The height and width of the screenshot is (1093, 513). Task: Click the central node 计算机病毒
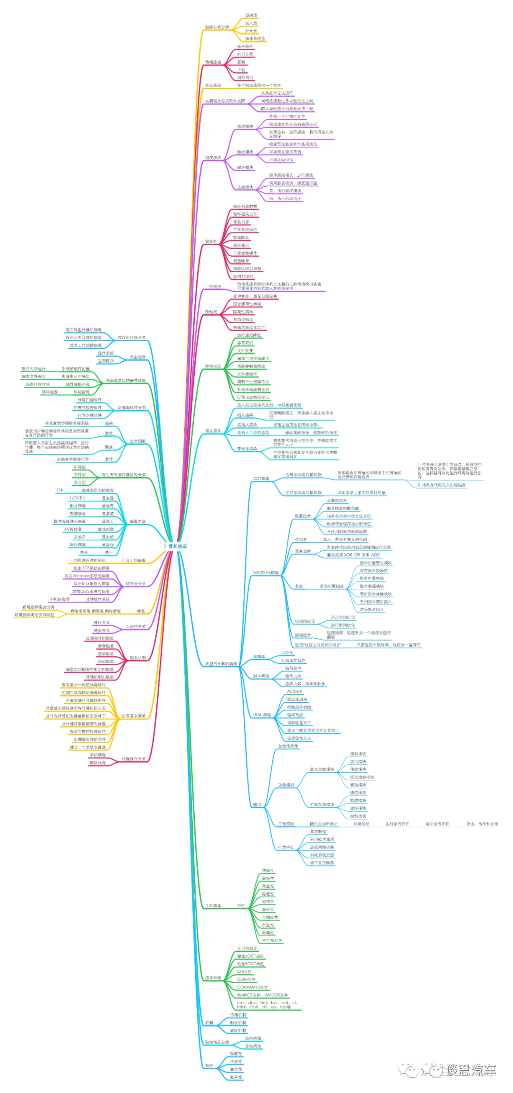(x=175, y=546)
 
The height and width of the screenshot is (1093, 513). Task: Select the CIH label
(x=60, y=490)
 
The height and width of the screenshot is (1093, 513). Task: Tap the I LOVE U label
(x=77, y=498)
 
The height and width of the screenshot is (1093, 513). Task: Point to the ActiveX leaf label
(x=294, y=692)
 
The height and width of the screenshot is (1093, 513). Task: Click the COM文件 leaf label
(x=246, y=979)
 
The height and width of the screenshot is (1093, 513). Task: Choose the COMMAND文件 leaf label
(x=252, y=987)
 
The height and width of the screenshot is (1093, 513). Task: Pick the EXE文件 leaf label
(x=245, y=972)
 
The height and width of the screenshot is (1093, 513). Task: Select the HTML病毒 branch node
(x=262, y=715)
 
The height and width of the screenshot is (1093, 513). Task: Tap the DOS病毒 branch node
(x=261, y=479)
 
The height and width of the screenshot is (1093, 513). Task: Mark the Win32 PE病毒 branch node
(x=266, y=573)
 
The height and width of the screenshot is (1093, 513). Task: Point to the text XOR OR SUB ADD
(x=353, y=555)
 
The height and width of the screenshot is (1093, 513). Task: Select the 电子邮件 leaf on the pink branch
(x=245, y=47)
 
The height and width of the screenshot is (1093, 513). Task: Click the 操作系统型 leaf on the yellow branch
(x=255, y=39)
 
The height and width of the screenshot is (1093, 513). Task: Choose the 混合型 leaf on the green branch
(x=79, y=483)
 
